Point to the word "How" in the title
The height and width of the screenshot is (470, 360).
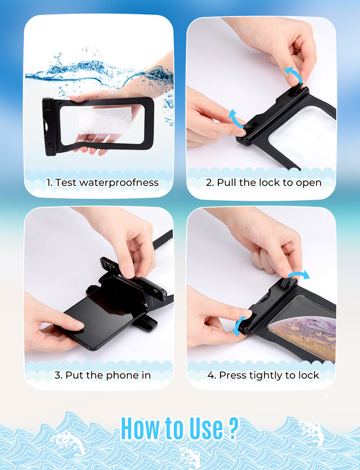(x=140, y=429)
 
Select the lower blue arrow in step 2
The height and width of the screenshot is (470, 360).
(x=236, y=117)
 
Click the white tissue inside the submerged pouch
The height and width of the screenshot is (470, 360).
(x=105, y=121)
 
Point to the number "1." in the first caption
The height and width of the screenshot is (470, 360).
(x=50, y=183)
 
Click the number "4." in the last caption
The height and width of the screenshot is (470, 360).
(x=212, y=375)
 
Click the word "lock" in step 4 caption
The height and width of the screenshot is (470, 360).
(x=309, y=375)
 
